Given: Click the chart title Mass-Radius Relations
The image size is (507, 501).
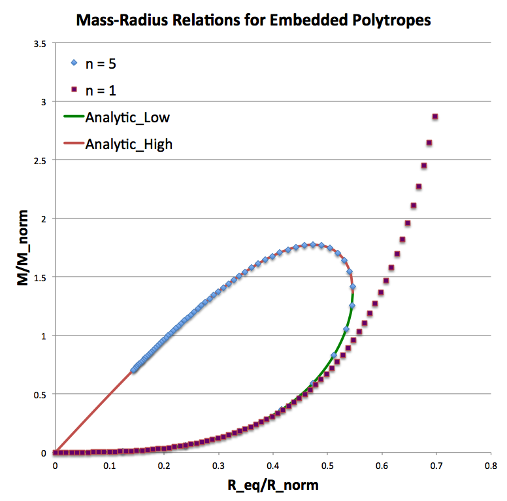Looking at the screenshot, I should point(253,20).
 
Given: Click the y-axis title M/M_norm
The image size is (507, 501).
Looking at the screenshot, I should point(24,248).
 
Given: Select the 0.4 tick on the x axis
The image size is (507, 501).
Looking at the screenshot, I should point(273,467).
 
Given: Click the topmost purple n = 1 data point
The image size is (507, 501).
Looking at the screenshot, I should point(435,117).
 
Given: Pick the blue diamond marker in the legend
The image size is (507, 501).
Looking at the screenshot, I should point(74,63).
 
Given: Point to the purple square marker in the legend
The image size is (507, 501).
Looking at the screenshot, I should point(74,90).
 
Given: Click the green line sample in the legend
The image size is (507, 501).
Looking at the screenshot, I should point(73,117).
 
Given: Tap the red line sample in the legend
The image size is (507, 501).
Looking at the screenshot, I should point(73,144).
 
